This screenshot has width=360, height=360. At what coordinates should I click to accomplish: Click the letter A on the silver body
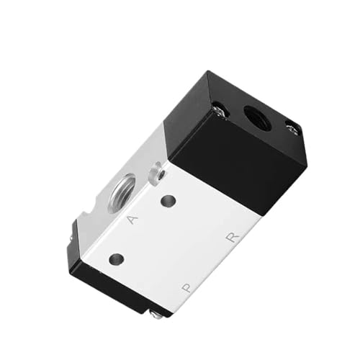click(x=132, y=220)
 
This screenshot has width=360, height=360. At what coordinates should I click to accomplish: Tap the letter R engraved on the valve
click(x=233, y=237)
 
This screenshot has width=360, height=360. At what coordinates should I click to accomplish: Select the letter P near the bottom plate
click(x=186, y=287)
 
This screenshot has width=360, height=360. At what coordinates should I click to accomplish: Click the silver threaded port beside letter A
click(x=122, y=192)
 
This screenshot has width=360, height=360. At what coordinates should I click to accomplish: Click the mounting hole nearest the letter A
click(x=168, y=201)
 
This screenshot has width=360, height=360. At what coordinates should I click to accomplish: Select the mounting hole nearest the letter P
click(x=117, y=259)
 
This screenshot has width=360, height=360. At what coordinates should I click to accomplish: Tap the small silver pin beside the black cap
click(x=156, y=174)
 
